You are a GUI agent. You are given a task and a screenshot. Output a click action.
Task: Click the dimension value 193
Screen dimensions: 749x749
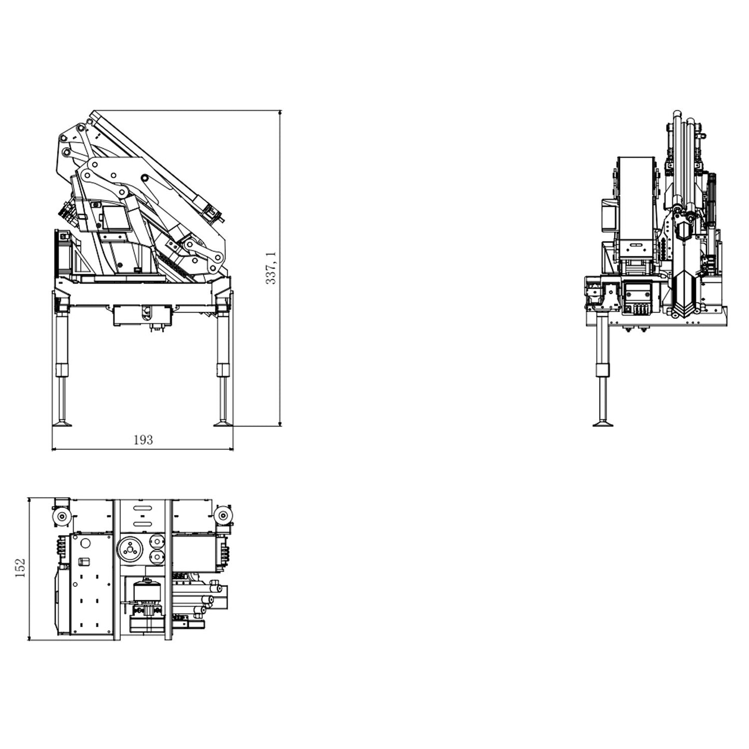[x=143, y=440]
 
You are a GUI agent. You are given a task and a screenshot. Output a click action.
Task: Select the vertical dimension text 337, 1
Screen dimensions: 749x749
[x=271, y=267]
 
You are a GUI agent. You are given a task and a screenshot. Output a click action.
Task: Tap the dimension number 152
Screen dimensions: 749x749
[x=20, y=568]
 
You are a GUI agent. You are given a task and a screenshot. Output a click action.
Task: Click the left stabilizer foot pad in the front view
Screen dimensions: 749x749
[x=62, y=423]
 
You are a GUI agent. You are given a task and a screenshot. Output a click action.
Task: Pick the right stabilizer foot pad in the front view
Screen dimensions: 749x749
[x=223, y=423]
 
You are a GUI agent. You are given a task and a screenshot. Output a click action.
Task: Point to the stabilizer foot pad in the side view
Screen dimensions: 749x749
[x=603, y=423]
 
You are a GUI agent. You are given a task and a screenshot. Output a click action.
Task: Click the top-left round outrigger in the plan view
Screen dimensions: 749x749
[x=61, y=517]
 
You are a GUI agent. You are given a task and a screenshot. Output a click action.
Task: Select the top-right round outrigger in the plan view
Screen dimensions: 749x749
[x=223, y=516]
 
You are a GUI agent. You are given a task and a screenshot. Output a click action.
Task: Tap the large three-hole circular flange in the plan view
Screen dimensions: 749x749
[x=130, y=549]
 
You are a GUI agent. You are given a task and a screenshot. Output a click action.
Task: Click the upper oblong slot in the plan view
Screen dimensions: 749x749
[x=142, y=508]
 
